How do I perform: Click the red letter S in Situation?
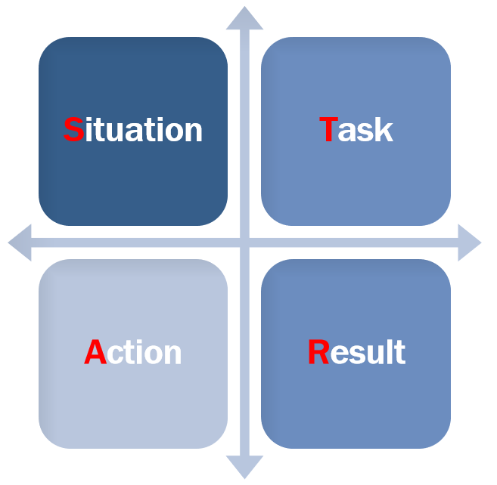tap(74, 129)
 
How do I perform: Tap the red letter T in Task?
tap(328, 129)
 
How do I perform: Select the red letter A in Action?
tap(95, 352)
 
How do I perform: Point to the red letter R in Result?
tap(319, 352)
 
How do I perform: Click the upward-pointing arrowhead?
tap(244, 18)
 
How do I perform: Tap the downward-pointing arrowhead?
tap(244, 467)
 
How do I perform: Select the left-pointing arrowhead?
tap(20, 242)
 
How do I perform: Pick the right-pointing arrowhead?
tap(470, 242)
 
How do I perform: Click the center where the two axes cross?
tap(244, 242)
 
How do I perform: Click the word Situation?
tap(133, 129)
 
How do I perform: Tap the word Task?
tap(356, 129)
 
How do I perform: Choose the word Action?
tap(133, 352)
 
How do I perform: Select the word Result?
tap(357, 352)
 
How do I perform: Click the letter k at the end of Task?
tap(384, 129)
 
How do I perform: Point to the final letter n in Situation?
tap(194, 132)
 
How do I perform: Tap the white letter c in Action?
tap(114, 355)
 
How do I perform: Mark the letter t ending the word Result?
tap(401, 352)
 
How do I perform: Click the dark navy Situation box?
tap(133, 131)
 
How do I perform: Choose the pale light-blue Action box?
tap(133, 354)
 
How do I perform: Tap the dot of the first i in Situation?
tap(89, 119)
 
